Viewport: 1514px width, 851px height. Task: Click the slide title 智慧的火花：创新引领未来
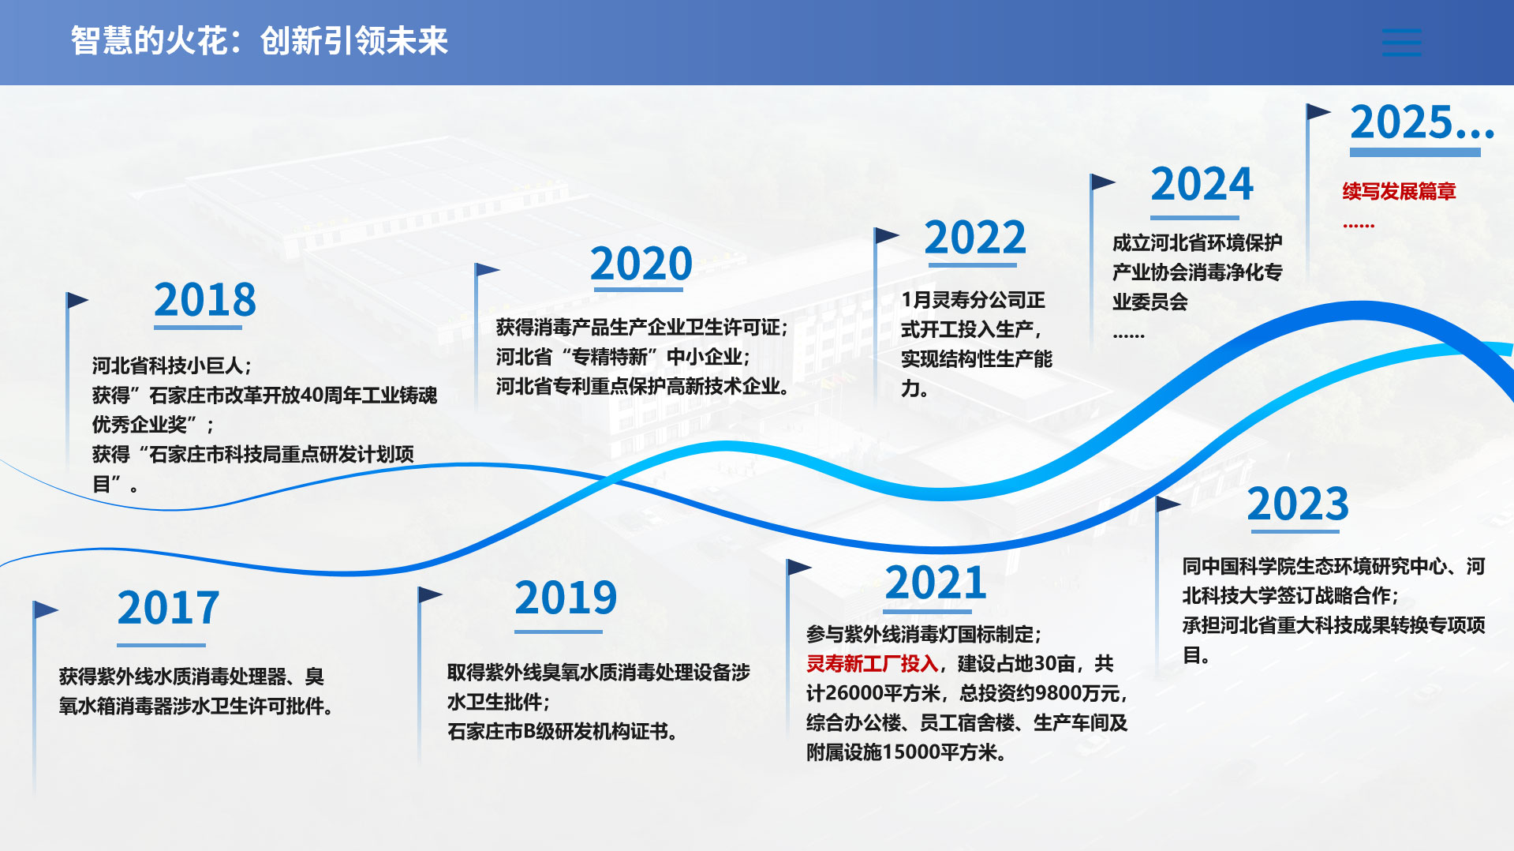[260, 41]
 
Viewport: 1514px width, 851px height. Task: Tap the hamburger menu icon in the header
[1402, 43]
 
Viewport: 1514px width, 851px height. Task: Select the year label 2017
[168, 608]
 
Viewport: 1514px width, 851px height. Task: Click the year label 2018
[205, 300]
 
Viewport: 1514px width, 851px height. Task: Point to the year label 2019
[566, 598]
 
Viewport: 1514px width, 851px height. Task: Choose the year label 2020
[641, 264]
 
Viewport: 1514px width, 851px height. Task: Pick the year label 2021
[936, 583]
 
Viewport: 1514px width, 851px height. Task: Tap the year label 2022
[975, 238]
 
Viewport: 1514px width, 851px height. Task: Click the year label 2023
[1298, 504]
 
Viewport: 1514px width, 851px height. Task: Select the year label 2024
[1202, 185]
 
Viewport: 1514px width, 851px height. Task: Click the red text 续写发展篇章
[1399, 191]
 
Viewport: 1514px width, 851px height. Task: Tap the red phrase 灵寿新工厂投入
[872, 664]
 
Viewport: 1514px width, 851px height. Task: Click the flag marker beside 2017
[45, 609]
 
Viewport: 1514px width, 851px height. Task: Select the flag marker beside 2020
[487, 270]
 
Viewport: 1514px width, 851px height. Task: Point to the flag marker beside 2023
[1168, 504]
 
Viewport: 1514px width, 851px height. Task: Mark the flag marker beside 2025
[1318, 112]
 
